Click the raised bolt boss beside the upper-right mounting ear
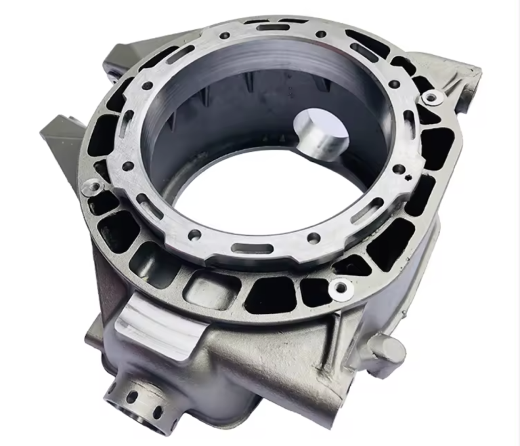[x=429, y=98]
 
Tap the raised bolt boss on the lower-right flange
[x=337, y=289]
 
